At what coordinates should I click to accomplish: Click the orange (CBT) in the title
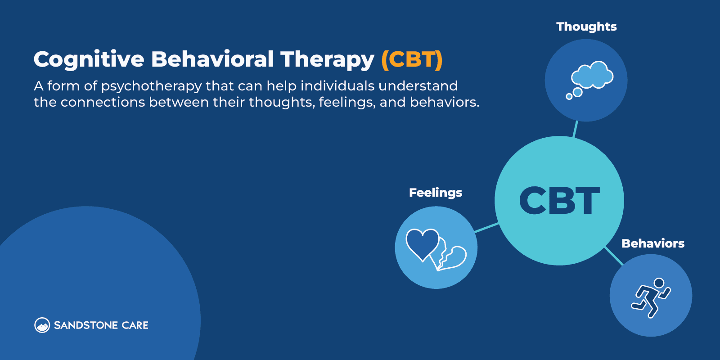pyautogui.click(x=412, y=59)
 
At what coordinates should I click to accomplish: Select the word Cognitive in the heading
pyautogui.click(x=89, y=59)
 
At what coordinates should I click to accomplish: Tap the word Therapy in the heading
pyautogui.click(x=327, y=59)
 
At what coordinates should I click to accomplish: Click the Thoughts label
pyautogui.click(x=586, y=27)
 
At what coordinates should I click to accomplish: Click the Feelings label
pyautogui.click(x=435, y=193)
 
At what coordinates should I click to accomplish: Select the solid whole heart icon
pyautogui.click(x=422, y=243)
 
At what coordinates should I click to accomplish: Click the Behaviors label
pyautogui.click(x=652, y=243)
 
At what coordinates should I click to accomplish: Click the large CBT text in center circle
pyautogui.click(x=559, y=201)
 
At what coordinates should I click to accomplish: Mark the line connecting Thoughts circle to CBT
pyautogui.click(x=575, y=129)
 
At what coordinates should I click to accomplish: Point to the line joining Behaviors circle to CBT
pyautogui.click(x=614, y=256)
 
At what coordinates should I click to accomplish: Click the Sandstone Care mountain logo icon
pyautogui.click(x=42, y=325)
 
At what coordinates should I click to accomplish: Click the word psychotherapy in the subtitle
pyautogui.click(x=151, y=86)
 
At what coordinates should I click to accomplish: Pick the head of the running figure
pyautogui.click(x=659, y=283)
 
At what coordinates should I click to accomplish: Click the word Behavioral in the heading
pyautogui.click(x=212, y=59)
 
